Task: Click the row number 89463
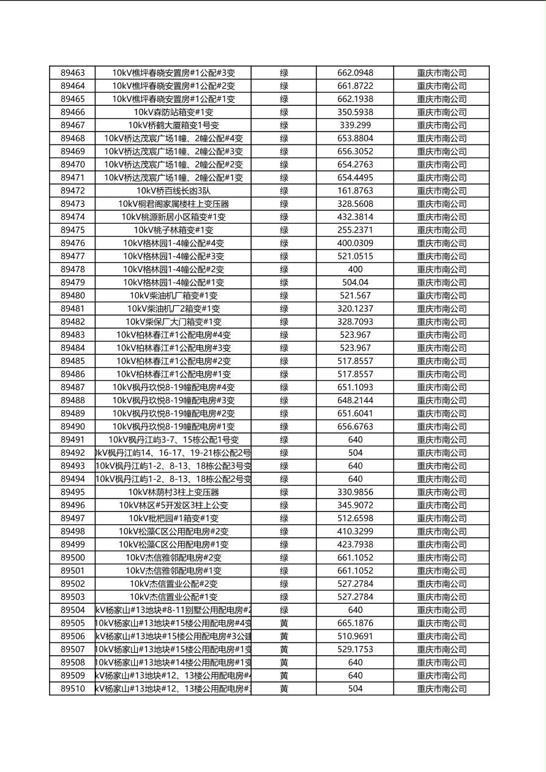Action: click(73, 73)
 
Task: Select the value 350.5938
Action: click(355, 112)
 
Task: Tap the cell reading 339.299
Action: click(355, 125)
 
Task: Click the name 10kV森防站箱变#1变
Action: click(173, 112)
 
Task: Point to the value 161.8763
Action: click(355, 191)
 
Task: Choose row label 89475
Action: click(73, 230)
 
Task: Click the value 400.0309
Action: click(355, 243)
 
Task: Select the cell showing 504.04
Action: click(355, 283)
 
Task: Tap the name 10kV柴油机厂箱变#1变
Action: click(173, 295)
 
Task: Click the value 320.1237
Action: click(355, 309)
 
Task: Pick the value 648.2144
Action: click(355, 401)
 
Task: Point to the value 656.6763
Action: click(355, 427)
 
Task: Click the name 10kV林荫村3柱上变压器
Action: click(173, 492)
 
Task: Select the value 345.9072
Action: click(355, 505)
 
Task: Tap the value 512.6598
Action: click(355, 519)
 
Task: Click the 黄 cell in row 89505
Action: click(284, 623)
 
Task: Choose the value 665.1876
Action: click(355, 623)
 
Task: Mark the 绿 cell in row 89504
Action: click(284, 610)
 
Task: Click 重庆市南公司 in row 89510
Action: click(441, 689)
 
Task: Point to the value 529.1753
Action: click(355, 650)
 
